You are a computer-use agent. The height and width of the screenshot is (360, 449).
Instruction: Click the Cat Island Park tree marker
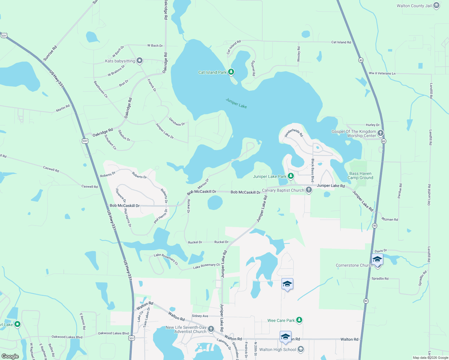pos(231,72)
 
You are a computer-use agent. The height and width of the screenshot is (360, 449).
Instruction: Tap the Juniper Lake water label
pos(236,103)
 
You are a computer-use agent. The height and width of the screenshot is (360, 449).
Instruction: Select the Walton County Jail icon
pos(436,6)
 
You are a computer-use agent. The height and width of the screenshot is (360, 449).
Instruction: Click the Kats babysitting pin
pos(140,61)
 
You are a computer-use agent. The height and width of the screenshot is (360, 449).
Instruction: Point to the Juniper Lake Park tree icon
pos(291,176)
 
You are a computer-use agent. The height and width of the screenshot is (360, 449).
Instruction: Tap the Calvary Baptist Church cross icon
pos(309,190)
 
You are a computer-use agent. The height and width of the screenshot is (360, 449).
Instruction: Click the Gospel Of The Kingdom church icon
pos(380,133)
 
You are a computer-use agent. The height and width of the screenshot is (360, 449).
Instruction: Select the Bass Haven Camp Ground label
pos(360,175)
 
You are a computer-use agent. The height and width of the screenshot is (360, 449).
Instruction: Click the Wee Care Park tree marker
pos(299,320)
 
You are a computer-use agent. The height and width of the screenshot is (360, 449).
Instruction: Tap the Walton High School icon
pos(301,349)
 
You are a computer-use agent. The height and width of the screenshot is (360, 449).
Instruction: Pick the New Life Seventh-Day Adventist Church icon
pos(211,329)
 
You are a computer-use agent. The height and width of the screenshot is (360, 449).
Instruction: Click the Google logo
pos(10,356)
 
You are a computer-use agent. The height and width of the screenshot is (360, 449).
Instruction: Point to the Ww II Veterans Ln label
pos(382,73)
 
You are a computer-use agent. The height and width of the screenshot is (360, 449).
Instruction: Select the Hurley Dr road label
pos(372,125)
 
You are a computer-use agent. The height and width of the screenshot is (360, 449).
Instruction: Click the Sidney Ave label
pos(200,316)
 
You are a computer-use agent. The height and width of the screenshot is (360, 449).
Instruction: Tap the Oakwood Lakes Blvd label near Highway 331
pos(113,333)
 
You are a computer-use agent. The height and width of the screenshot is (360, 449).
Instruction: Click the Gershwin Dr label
pos(177,122)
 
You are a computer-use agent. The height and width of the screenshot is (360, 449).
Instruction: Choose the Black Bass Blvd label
pos(312,171)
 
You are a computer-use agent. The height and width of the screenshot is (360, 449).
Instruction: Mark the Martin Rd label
pos(63,108)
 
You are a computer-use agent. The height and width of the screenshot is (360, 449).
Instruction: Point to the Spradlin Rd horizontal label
pos(380,279)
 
